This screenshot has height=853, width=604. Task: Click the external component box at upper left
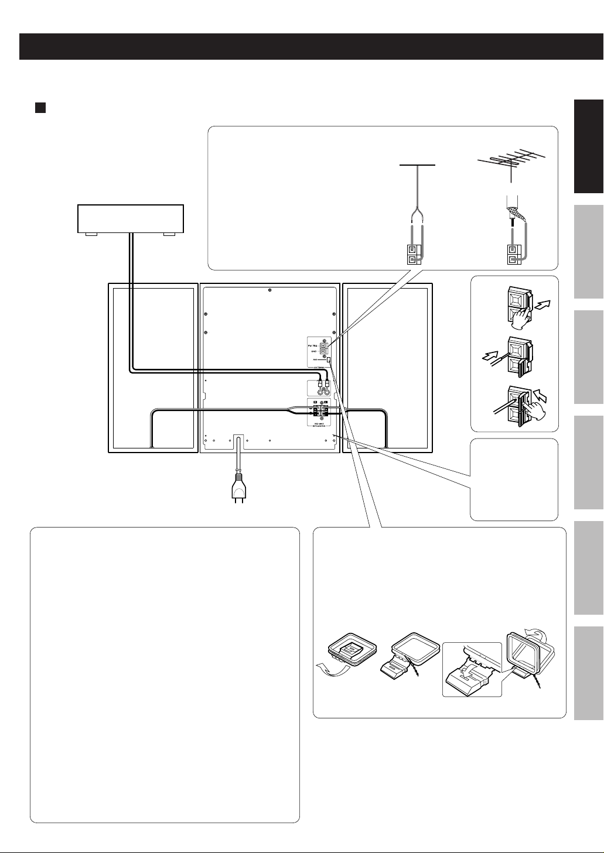click(131, 219)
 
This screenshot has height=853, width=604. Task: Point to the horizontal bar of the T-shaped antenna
click(417, 165)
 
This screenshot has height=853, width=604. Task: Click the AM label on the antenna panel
click(315, 359)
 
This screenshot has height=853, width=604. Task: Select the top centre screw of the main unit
click(269, 290)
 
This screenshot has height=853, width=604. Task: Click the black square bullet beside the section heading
click(40, 108)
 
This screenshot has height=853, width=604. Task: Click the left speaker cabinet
click(152, 368)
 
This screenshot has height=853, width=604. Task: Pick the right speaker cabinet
click(388, 368)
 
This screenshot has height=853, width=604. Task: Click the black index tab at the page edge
click(588, 146)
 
